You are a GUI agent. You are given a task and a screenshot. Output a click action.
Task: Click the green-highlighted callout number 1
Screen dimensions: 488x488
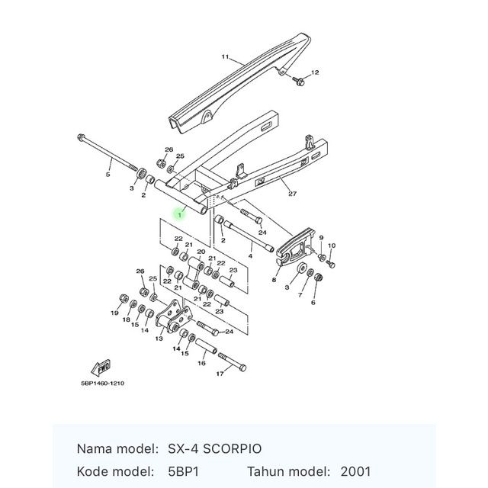pyautogui.click(x=180, y=214)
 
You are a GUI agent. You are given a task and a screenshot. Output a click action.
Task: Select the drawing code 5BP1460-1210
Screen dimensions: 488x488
pyautogui.click(x=103, y=383)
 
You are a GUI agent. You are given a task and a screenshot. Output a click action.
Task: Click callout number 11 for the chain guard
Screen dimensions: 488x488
pyautogui.click(x=225, y=57)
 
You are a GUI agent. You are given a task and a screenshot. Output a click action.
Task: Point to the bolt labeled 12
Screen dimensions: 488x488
pyautogui.click(x=298, y=82)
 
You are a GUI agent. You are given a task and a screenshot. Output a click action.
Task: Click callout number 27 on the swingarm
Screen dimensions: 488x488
pyautogui.click(x=293, y=194)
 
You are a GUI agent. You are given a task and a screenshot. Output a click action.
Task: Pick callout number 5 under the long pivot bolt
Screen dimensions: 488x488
pyautogui.click(x=108, y=175)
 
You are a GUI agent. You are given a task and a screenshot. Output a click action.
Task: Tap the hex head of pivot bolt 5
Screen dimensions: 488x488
pyautogui.click(x=81, y=136)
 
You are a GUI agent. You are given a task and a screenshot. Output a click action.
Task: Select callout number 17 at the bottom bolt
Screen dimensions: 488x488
pyautogui.click(x=220, y=374)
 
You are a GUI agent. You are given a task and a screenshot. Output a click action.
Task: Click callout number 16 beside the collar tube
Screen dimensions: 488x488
pyautogui.click(x=201, y=363)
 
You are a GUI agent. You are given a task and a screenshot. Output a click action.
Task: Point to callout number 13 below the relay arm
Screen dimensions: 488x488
pyautogui.click(x=159, y=339)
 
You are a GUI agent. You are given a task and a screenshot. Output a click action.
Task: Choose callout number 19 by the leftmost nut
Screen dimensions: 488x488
pyautogui.click(x=115, y=313)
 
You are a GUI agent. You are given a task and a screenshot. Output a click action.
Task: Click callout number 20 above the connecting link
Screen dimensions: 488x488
pyautogui.click(x=201, y=252)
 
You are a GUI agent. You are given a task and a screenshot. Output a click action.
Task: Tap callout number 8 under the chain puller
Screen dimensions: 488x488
pyautogui.click(x=274, y=280)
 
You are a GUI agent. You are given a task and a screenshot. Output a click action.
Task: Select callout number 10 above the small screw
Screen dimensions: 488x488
pyautogui.click(x=332, y=246)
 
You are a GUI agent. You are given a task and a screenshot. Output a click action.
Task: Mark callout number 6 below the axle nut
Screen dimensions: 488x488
pyautogui.click(x=313, y=302)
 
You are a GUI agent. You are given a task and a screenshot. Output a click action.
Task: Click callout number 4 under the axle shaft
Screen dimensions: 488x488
pyautogui.click(x=250, y=256)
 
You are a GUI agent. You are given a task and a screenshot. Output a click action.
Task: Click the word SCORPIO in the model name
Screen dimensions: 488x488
pyautogui.click(x=232, y=449)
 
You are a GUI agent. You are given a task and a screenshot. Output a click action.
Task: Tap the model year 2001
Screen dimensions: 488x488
pyautogui.click(x=355, y=471)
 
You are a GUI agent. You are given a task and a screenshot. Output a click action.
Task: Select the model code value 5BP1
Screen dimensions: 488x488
pyautogui.click(x=183, y=471)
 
